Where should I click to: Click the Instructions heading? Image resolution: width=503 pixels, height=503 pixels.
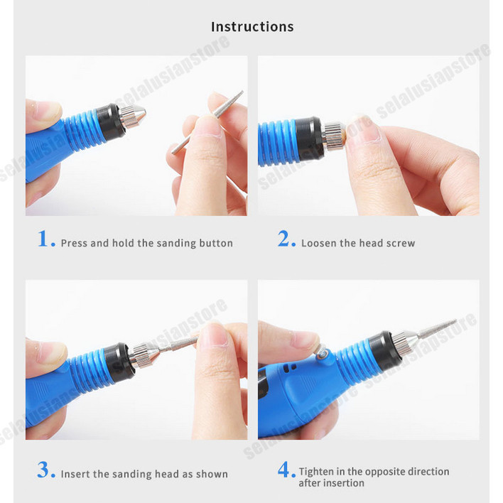[x=251, y=27]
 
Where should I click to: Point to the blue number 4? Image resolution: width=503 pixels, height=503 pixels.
[x=285, y=470]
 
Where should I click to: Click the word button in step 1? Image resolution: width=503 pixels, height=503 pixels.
[x=216, y=243]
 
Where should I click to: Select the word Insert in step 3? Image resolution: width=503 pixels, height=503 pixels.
[x=75, y=474]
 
